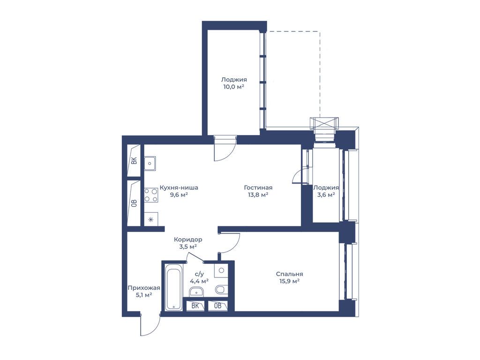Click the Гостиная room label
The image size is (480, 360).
(x=258, y=187)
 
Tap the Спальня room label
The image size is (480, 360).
(x=289, y=274)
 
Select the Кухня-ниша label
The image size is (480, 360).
(x=179, y=187)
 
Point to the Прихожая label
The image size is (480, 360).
(x=144, y=288)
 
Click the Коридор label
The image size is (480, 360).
(x=188, y=240)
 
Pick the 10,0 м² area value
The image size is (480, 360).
(x=234, y=87)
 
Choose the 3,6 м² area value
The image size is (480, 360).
(x=326, y=195)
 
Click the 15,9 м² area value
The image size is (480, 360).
(x=289, y=281)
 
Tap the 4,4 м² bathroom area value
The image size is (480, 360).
(x=199, y=280)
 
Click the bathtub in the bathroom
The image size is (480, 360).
(x=173, y=289)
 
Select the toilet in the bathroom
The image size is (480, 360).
(x=221, y=289)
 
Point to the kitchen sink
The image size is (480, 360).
(x=150, y=164)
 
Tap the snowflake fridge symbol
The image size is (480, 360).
(x=150, y=219)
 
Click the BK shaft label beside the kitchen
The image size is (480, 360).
(x=134, y=161)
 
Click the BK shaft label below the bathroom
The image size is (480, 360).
(x=195, y=306)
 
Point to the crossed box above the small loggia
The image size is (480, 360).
(x=324, y=123)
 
